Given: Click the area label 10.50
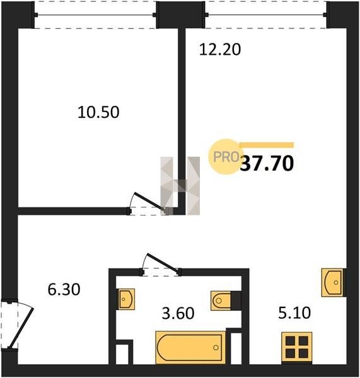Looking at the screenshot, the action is [x=98, y=112].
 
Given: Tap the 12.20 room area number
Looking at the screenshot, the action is [x=220, y=50].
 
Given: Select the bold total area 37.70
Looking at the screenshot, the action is [x=267, y=163].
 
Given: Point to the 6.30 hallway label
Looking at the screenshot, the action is [x=64, y=290].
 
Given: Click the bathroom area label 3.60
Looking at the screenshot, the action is [x=178, y=313].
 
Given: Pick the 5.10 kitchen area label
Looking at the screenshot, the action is [x=294, y=313].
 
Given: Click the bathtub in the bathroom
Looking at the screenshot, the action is [x=190, y=347].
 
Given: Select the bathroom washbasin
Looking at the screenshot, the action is [x=126, y=299].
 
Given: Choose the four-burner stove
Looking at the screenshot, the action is [x=297, y=347].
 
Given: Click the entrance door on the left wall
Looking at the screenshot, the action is [x=17, y=324].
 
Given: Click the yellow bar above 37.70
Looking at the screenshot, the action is [x=267, y=145].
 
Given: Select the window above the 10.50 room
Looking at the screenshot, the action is [x=96, y=15].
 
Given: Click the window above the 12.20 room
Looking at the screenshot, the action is [x=265, y=15].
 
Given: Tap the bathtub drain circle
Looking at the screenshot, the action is [x=216, y=347].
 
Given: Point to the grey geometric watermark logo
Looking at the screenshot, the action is [x=180, y=186].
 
